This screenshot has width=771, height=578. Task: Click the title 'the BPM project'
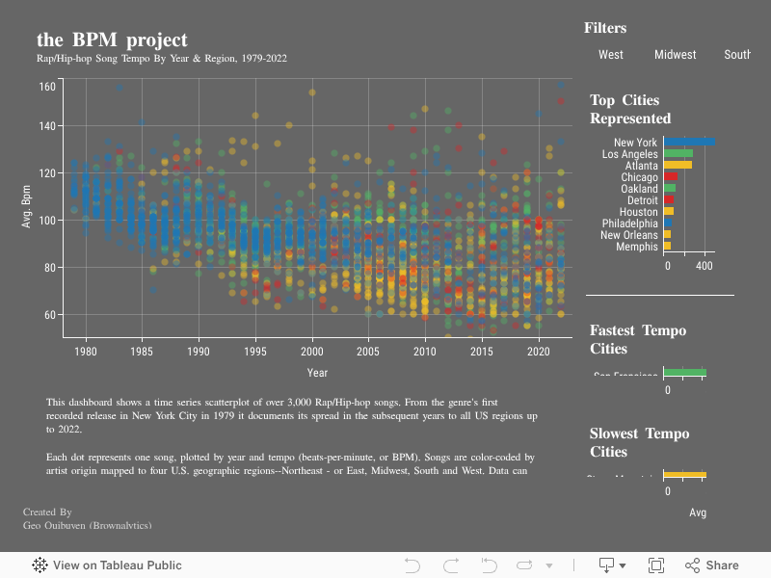pyautogui.click(x=112, y=40)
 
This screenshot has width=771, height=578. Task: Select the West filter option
pyautogui.click(x=611, y=55)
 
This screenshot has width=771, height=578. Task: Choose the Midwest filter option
pyautogui.click(x=675, y=55)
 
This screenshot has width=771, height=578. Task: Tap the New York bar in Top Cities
pyautogui.click(x=689, y=143)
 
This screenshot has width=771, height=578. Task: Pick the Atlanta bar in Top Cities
pyautogui.click(x=678, y=166)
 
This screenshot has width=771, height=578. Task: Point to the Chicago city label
pyautogui.click(x=640, y=177)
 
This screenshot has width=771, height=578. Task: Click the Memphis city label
pyautogui.click(x=637, y=247)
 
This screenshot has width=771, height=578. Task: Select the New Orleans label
pyautogui.click(x=629, y=235)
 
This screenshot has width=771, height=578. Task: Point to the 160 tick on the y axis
pyautogui.click(x=46, y=87)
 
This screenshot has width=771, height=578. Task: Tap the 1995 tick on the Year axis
pyautogui.click(x=255, y=353)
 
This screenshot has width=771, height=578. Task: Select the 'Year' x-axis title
pyautogui.click(x=317, y=373)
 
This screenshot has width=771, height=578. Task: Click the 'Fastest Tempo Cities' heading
pyautogui.click(x=638, y=339)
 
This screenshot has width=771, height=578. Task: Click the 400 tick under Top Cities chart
pyautogui.click(x=705, y=267)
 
